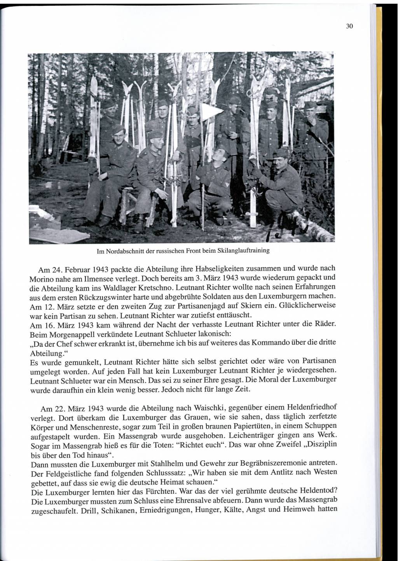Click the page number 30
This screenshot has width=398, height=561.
pos(349,27)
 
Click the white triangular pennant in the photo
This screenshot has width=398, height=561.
pos(211,111)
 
